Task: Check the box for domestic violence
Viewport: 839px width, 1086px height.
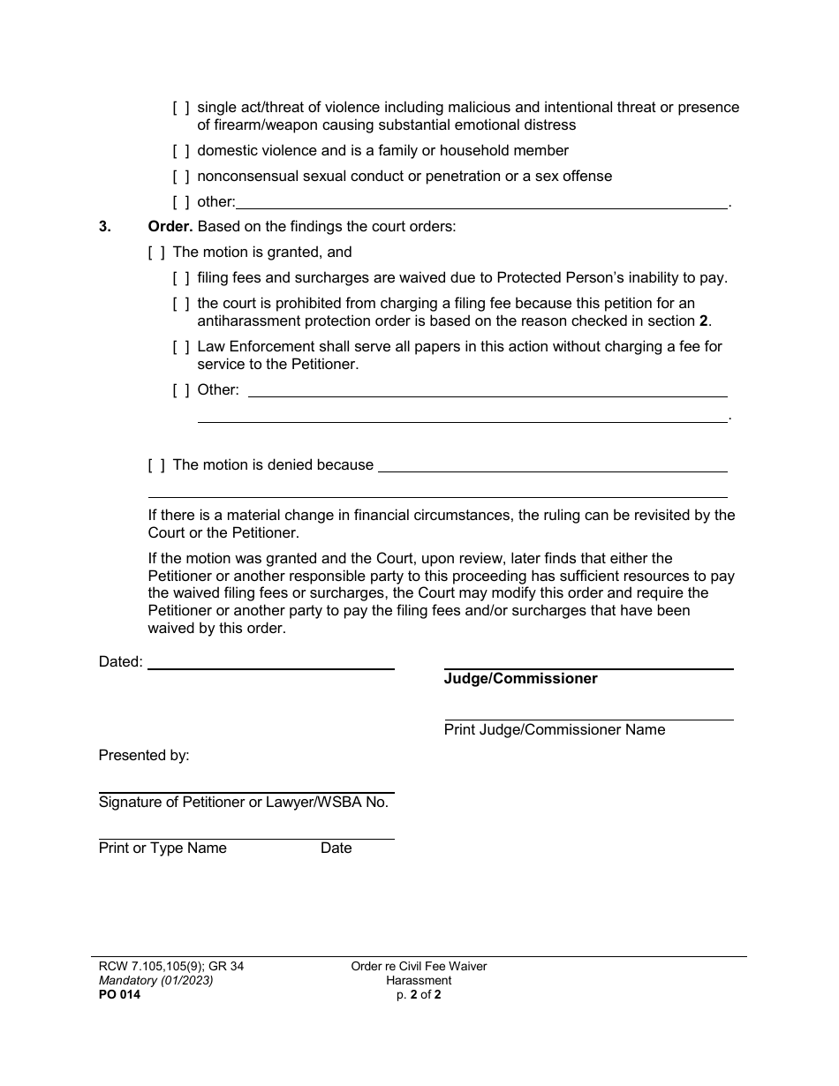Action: [180, 151]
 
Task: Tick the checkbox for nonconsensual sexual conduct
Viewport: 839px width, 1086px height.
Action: [180, 177]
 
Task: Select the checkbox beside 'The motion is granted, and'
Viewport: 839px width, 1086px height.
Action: [156, 253]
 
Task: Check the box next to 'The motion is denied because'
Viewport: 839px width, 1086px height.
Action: [156, 465]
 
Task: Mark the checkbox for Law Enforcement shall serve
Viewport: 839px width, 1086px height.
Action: [180, 347]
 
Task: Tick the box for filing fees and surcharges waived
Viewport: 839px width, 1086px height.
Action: [180, 278]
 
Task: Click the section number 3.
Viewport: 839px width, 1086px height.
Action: [104, 227]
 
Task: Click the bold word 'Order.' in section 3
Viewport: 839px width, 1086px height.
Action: [170, 227]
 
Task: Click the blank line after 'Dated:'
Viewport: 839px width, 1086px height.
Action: [270, 663]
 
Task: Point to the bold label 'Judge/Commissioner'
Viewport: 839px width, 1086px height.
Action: [520, 679]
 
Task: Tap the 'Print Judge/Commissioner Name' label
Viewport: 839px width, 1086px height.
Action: [554, 730]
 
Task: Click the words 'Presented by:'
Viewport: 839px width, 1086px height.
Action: [144, 756]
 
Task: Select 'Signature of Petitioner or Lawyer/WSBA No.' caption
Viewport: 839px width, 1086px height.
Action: [243, 803]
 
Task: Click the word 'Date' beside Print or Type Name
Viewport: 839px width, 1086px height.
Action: [336, 848]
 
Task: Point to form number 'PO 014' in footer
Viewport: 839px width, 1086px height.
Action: [119, 995]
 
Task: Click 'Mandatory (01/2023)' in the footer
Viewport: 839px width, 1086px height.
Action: [155, 981]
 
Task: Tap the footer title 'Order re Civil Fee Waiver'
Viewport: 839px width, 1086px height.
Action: [419, 967]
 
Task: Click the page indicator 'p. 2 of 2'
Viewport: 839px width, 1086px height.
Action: [419, 995]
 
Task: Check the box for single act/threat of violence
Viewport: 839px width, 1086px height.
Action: [180, 108]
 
